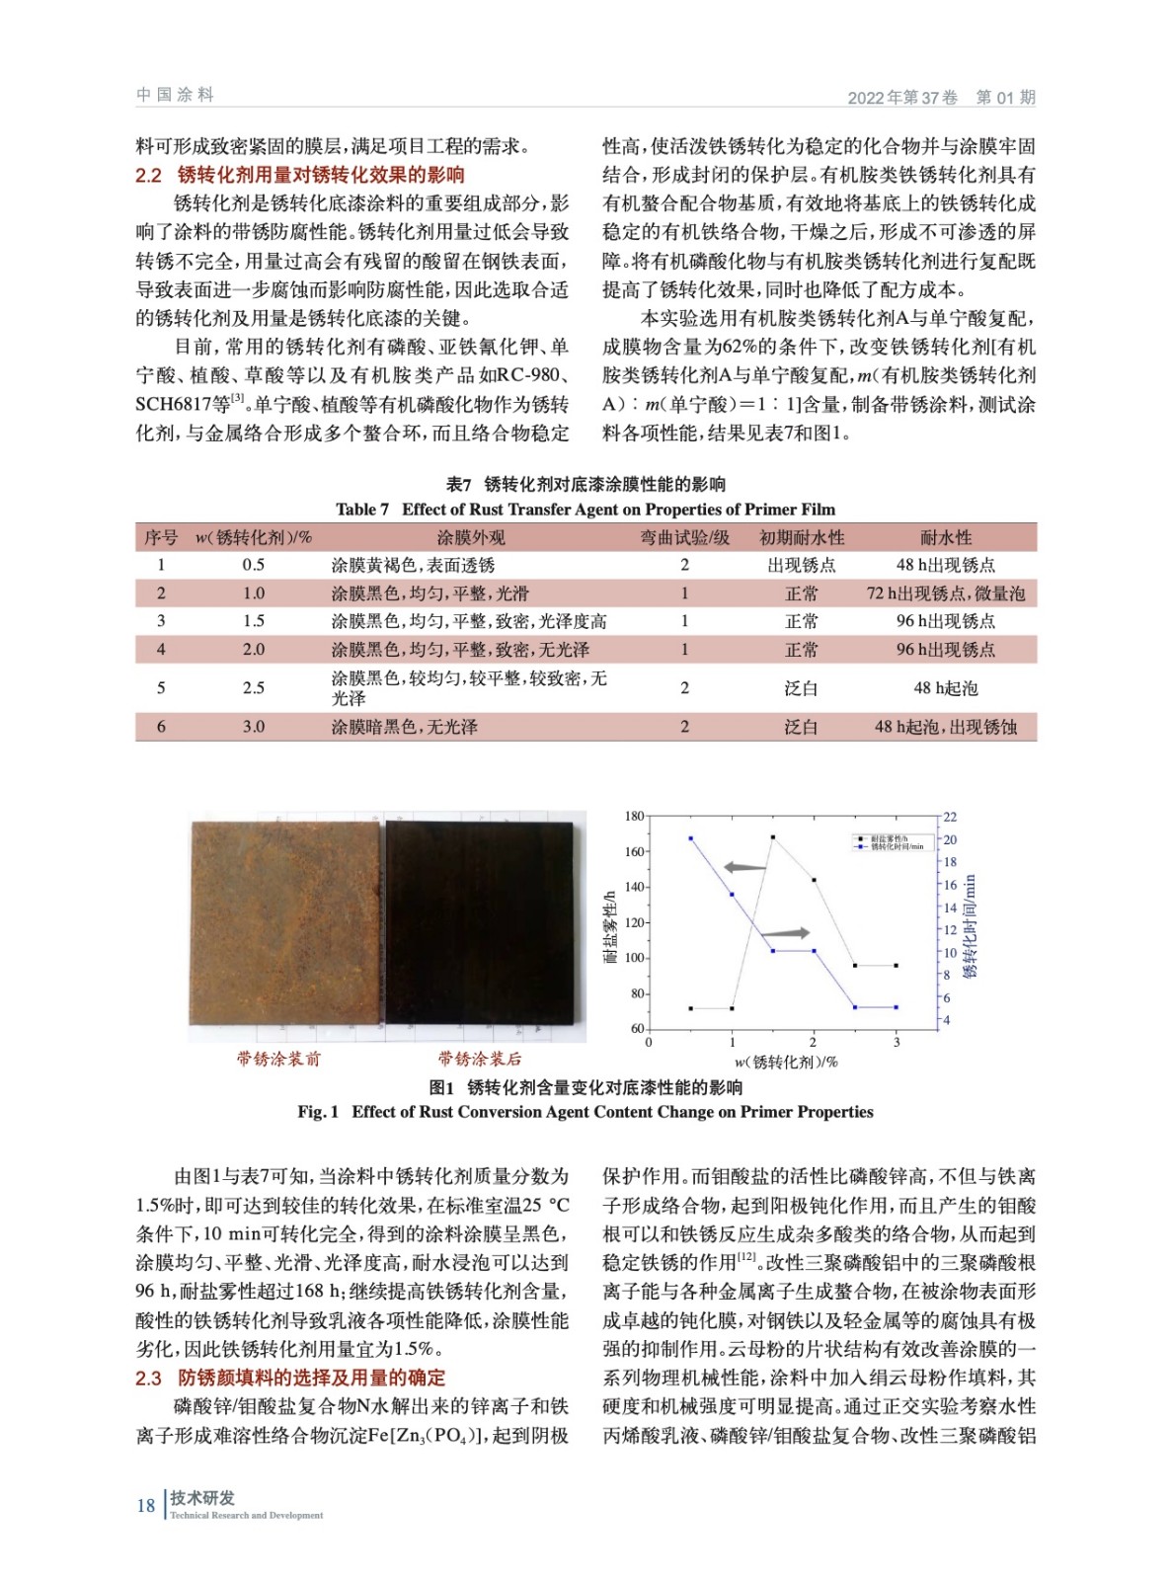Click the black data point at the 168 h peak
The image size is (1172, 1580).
[772, 837]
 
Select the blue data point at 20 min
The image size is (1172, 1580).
[690, 838]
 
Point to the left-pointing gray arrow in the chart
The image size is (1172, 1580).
[745, 868]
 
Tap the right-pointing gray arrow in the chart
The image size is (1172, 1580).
[786, 933]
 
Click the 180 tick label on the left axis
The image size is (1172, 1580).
[634, 817]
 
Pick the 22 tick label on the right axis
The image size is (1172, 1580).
[950, 817]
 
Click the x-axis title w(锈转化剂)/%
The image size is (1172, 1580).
[786, 1062]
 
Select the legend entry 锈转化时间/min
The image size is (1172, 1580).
[897, 846]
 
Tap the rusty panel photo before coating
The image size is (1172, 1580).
[284, 923]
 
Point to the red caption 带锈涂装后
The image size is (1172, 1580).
[480, 1059]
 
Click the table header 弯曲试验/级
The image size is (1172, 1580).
[684, 537]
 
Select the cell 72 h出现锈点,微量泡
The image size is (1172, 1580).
[945, 593]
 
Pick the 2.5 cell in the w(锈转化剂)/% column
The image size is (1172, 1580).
[254, 687]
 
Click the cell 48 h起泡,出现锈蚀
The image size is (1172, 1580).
[945, 727]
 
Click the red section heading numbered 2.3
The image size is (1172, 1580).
[290, 1378]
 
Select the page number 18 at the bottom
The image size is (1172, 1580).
[146, 1505]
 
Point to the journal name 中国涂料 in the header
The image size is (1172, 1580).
[175, 95]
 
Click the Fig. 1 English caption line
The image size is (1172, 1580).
[586, 1112]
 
